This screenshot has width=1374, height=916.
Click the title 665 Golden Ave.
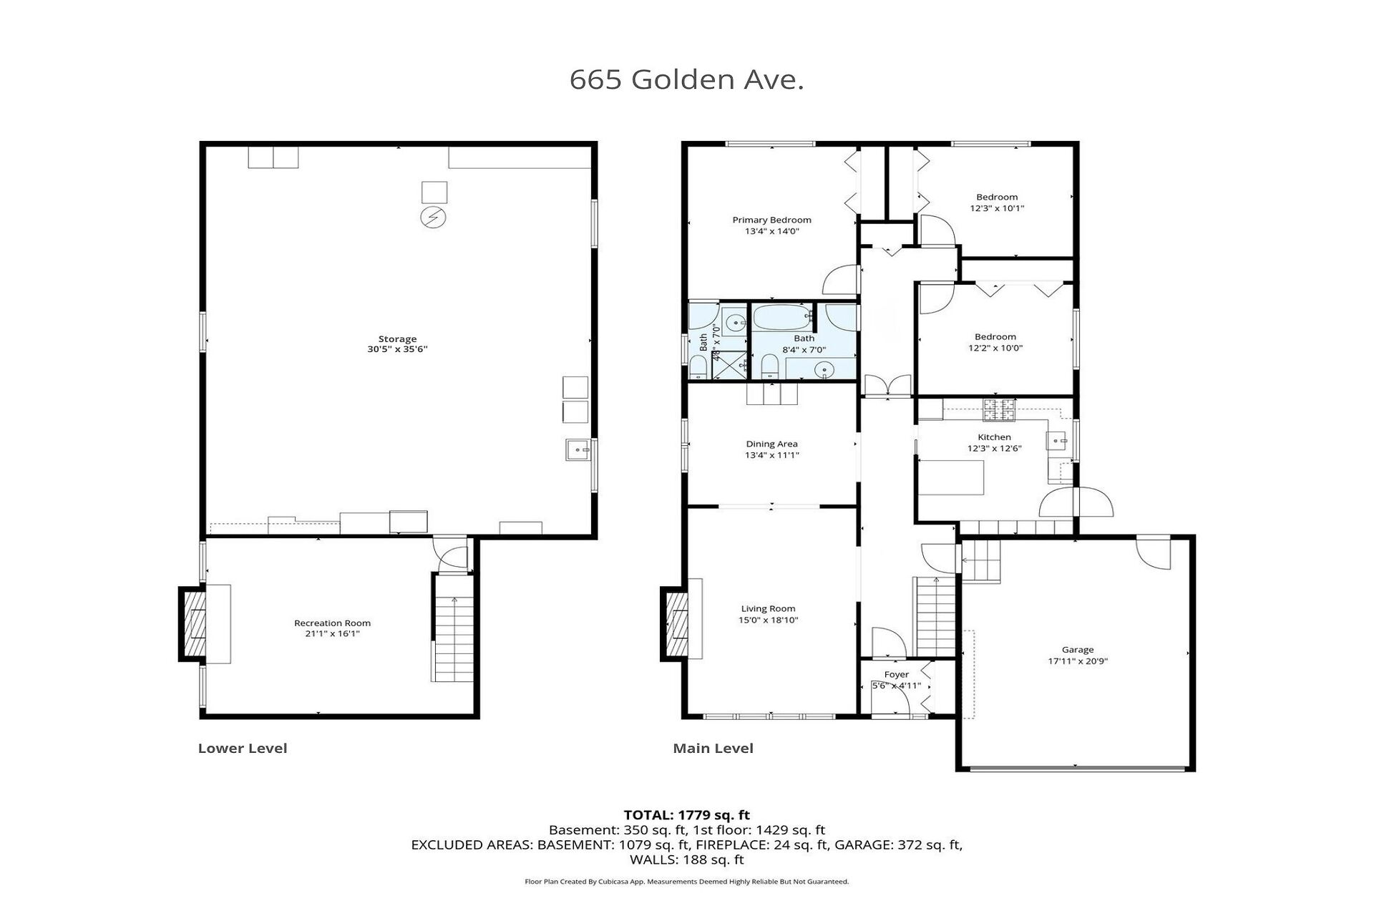pos(686,79)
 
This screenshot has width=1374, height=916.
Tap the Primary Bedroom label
pos(771,220)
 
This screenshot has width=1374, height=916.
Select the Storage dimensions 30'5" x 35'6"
pos(397,349)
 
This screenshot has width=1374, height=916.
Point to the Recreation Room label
pos(333,623)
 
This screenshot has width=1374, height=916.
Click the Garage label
pos(1078,650)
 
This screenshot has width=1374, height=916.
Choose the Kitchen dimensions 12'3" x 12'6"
pos(995,449)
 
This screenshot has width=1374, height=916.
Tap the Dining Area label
pos(771,444)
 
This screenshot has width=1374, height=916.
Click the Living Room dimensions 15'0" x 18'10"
pos(769,620)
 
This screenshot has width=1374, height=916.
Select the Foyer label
pos(897,674)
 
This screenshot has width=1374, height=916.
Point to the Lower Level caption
pos(243,749)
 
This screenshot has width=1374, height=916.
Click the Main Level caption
pos(713,749)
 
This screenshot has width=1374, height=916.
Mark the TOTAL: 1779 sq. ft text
pos(687,815)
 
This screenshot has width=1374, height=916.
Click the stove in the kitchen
pos(998,409)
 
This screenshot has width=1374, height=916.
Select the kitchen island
pos(951,477)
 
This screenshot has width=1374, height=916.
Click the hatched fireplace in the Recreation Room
pos(193,624)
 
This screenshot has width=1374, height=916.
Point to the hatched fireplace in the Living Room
pos(675,624)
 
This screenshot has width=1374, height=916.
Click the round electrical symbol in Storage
pos(433,217)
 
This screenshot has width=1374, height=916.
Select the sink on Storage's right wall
pos(578,449)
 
